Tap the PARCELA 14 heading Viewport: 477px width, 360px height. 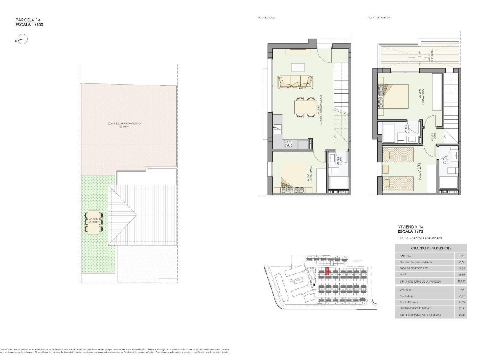point(28,20)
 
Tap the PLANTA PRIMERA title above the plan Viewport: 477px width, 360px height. point(379,18)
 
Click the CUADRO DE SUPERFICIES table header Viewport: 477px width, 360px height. point(431,248)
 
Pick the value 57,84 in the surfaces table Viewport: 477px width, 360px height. point(462,268)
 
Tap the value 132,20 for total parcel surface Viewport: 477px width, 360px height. point(461,282)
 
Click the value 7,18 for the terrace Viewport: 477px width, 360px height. point(462,308)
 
